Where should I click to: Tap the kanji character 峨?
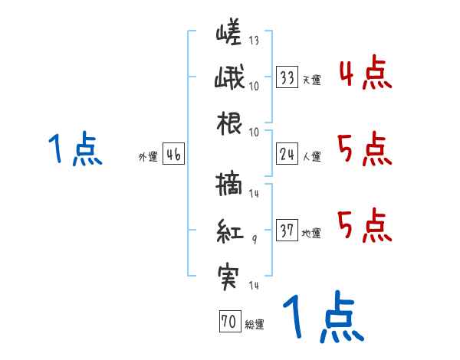click(228, 79)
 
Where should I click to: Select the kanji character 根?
click(229, 121)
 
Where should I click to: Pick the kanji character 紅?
click(229, 229)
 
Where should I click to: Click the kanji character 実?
click(229, 271)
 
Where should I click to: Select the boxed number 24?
click(287, 154)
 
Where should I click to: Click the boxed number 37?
click(287, 230)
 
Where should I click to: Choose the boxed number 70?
click(228, 322)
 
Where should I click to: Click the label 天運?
click(311, 80)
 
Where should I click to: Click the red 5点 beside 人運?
click(365, 149)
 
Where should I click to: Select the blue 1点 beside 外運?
click(74, 149)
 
